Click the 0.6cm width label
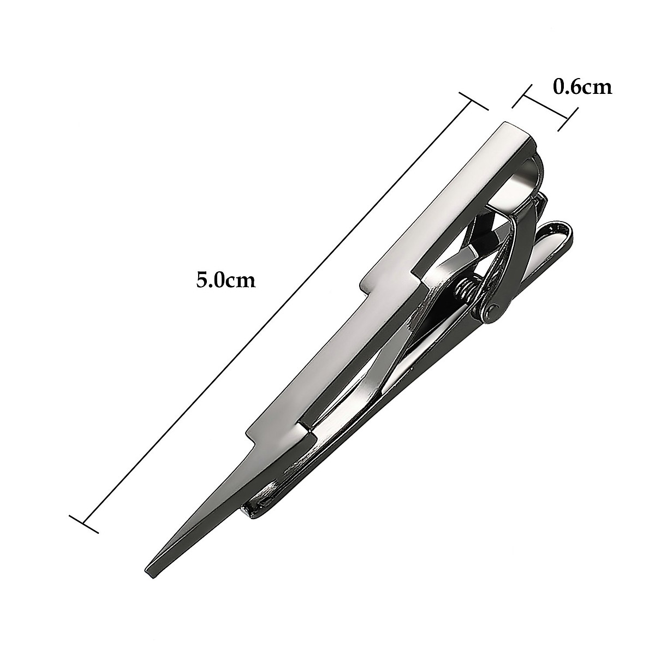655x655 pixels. pos(582,87)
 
